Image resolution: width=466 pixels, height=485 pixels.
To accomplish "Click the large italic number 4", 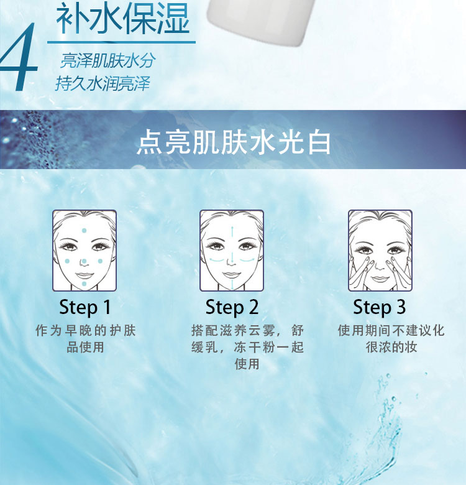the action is [19, 57].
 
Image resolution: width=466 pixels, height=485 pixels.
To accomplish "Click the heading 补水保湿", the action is [122, 19].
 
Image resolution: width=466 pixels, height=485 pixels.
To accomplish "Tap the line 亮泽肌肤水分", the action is [108, 60].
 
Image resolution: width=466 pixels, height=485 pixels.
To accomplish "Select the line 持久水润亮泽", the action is [103, 83].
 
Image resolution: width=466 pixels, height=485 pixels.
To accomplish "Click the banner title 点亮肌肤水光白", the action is [234, 142].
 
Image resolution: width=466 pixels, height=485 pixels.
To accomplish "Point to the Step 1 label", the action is [85, 307].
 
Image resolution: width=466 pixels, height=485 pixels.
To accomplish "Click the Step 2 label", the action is [232, 307].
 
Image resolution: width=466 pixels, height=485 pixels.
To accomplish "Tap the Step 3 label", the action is [380, 307].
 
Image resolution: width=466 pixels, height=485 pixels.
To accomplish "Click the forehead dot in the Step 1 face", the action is [84, 231].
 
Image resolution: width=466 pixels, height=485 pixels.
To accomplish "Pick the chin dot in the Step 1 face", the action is [84, 284].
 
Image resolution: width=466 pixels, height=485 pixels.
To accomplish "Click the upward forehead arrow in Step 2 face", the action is [232, 231].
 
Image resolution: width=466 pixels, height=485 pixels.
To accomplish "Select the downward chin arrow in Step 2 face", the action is [232, 285].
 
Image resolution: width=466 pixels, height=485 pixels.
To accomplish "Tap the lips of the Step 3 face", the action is [380, 279].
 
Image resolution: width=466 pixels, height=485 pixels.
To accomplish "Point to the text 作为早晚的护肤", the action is [86, 330].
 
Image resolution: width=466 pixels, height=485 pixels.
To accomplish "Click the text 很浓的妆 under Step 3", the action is [391, 347].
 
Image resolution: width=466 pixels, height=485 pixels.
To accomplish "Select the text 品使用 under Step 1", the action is [85, 347].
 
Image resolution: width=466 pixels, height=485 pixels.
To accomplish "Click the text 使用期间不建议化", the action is [391, 330].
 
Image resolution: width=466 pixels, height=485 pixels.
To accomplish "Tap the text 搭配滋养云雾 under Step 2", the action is [233, 330].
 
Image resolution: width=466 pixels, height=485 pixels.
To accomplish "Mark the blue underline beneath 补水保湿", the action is [121, 42].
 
